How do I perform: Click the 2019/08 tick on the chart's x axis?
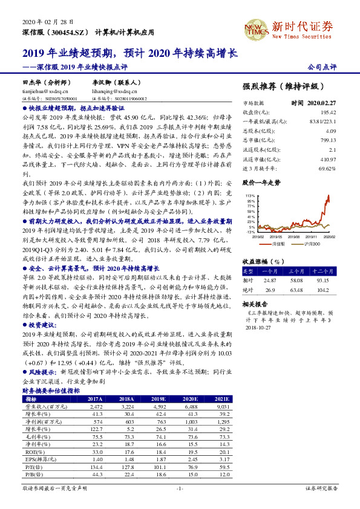[x=287, y=237]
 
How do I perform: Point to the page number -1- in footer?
[x=180, y=487]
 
